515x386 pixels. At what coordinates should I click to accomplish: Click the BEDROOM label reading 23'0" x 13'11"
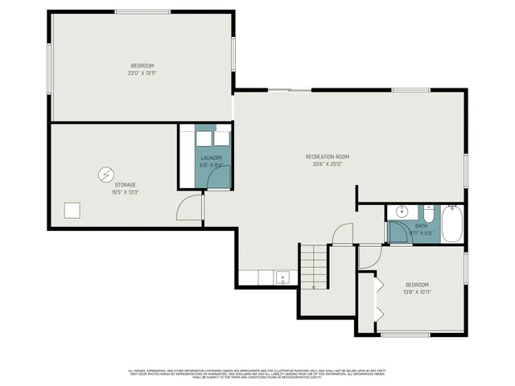(x=142, y=69)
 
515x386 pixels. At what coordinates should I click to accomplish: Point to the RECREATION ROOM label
(x=327, y=160)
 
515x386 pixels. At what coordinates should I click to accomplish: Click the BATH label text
(x=421, y=230)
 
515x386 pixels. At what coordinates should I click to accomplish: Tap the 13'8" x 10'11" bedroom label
(x=417, y=288)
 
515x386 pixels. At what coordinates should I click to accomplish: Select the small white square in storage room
(x=73, y=211)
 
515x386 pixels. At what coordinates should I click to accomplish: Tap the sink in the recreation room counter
(x=283, y=278)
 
